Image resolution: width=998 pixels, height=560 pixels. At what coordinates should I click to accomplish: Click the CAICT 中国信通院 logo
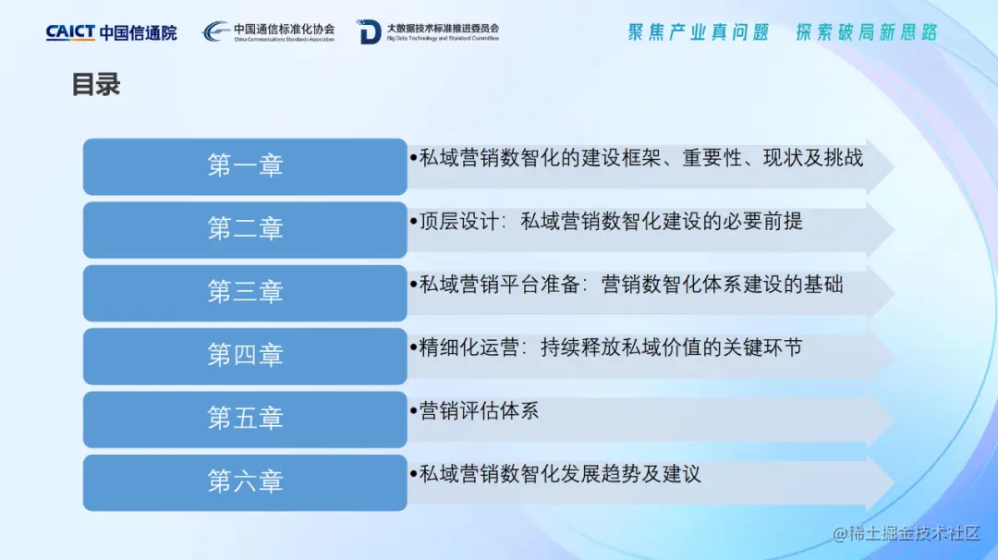112,32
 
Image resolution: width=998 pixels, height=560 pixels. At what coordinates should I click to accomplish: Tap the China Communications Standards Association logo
268,31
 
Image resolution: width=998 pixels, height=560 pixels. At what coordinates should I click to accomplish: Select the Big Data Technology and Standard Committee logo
428,31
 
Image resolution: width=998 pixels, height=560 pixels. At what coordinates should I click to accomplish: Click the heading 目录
96,85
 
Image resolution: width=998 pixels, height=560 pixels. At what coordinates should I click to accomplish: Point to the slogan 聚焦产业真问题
699,32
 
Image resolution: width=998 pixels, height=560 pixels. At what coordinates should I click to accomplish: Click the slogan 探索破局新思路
867,32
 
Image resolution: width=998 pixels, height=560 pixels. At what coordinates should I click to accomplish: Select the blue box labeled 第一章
245,166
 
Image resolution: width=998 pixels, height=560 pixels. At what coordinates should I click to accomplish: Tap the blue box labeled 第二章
245,230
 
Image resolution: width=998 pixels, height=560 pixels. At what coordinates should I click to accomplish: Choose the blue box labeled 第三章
245,293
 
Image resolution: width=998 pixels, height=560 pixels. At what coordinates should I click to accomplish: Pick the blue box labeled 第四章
245,356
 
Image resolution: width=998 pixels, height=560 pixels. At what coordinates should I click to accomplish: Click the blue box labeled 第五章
245,419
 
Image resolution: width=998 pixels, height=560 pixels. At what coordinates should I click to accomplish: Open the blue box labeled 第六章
245,482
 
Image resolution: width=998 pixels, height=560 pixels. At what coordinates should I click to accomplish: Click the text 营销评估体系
479,411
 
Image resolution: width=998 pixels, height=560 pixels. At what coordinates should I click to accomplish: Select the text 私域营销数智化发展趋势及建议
560,474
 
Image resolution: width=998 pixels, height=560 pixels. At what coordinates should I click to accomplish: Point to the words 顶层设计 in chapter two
459,222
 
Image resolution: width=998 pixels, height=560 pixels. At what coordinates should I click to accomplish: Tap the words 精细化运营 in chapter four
469,348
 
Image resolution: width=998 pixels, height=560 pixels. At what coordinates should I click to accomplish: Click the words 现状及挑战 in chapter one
813,158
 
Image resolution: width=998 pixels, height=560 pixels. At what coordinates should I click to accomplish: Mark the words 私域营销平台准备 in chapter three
499,285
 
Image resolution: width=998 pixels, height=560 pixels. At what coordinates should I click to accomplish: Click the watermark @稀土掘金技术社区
907,533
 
